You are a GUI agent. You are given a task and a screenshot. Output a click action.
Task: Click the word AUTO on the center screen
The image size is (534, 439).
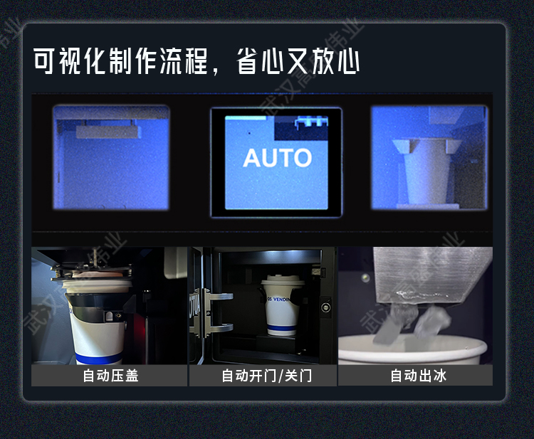277,158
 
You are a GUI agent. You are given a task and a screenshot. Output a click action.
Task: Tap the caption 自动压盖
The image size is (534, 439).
110,376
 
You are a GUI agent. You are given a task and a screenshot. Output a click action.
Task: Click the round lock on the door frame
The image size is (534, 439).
325,308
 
